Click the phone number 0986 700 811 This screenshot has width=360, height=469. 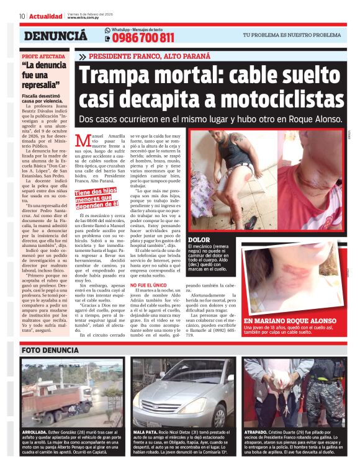click(144, 38)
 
